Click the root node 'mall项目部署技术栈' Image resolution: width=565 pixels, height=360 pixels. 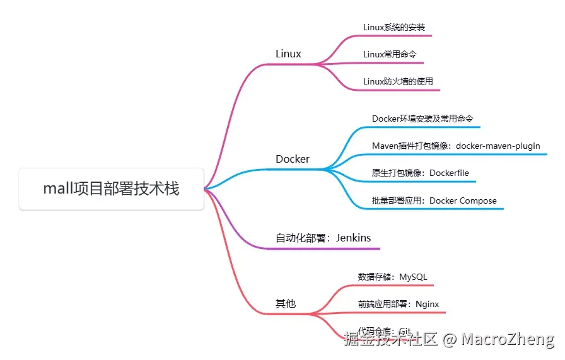111,189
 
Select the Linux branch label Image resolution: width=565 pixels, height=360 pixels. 288,54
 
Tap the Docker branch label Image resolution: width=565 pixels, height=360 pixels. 293,159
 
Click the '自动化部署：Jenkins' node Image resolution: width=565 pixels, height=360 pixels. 323,238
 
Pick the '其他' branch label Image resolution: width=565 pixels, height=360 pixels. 285,303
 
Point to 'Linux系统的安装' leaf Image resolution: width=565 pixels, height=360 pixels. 394,28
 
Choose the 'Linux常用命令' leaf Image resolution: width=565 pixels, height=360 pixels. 390,55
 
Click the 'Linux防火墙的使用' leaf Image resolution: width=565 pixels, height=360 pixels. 398,81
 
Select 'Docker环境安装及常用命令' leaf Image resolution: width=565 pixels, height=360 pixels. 422,119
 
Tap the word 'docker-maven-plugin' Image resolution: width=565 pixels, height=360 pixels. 498,146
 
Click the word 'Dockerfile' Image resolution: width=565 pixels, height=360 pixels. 450,173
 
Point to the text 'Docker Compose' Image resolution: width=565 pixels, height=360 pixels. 463,201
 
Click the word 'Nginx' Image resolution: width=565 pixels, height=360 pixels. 428,304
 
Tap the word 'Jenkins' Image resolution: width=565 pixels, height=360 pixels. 353,238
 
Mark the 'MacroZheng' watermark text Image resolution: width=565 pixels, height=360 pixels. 508,340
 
